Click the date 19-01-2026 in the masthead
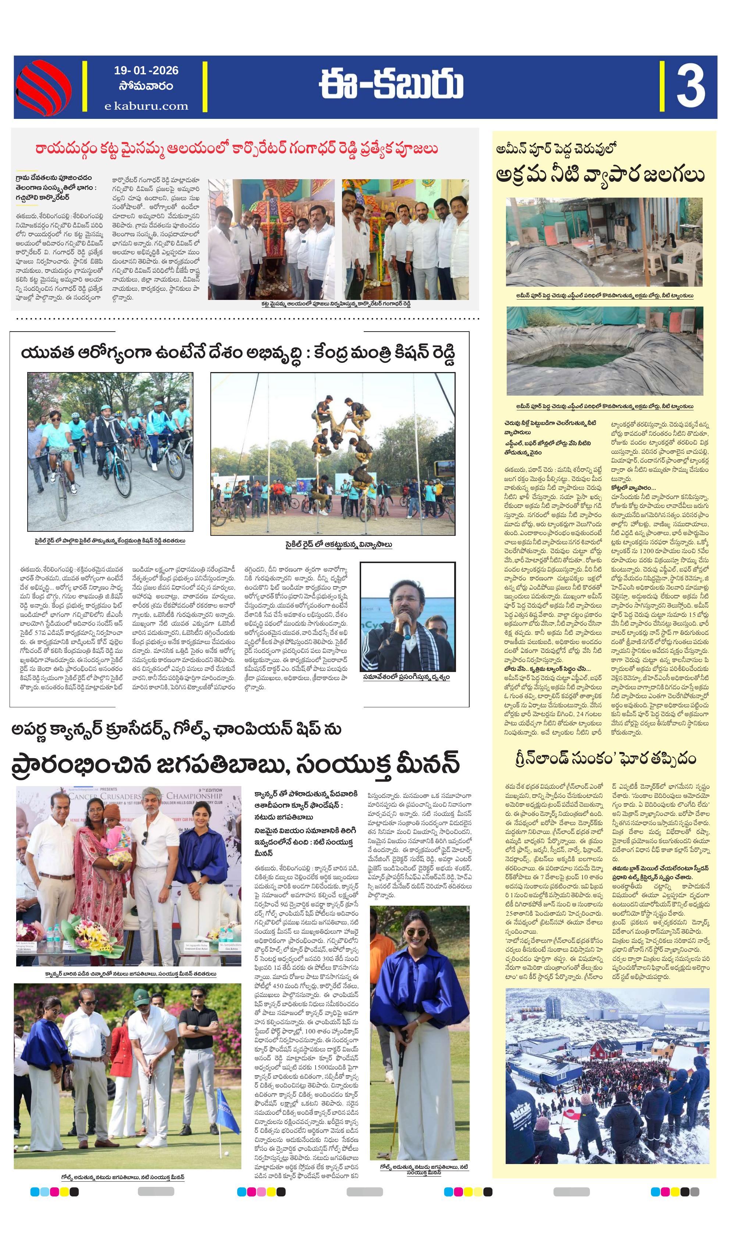[146, 71]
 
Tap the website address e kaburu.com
[146, 106]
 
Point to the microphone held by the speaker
[407, 629]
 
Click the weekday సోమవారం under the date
[146, 86]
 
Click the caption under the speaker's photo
[406, 677]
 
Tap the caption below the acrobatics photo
[339, 545]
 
